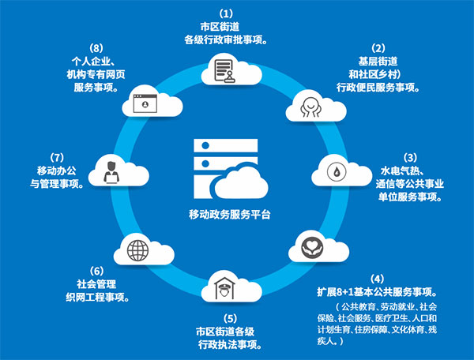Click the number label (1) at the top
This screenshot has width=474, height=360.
pos(227,13)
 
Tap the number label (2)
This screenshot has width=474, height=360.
pos(378,47)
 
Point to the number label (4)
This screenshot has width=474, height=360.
pos(378,279)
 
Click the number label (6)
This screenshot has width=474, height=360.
pos(97,270)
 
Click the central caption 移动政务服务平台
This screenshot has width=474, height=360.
pos(229,215)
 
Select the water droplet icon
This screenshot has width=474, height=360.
pos(337,169)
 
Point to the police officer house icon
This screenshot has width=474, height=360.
pos(224,285)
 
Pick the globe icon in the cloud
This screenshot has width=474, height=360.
pos(137,253)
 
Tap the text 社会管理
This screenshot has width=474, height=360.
pos(94,284)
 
